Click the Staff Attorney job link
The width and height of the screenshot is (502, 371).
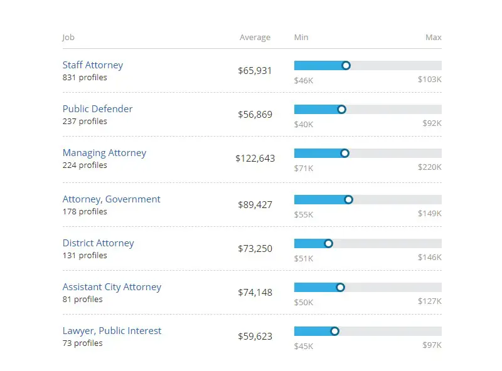coord(93,65)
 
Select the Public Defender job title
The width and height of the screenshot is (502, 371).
coord(97,109)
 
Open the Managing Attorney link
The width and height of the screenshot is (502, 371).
coord(104,153)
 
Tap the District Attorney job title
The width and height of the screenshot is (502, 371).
coord(98,243)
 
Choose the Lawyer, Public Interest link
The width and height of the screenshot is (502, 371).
coord(112,331)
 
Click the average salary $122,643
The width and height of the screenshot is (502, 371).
coord(255,159)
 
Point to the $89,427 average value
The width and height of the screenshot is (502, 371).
coord(255,205)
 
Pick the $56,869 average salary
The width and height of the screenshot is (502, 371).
coord(255,115)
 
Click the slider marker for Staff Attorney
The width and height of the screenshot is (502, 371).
coord(346,66)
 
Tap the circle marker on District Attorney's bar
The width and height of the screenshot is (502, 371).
coord(328,244)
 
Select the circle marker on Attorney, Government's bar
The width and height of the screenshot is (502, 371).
coord(349,200)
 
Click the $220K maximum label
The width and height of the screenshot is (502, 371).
coord(430,168)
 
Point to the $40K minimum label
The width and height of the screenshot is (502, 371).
coord(303,124)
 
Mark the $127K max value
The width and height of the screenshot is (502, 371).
coord(430,302)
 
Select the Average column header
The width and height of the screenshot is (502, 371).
coord(255,38)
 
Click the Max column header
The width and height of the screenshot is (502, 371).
coord(433,38)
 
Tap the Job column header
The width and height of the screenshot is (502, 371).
coord(68,38)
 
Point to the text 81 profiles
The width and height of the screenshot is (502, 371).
coord(82,300)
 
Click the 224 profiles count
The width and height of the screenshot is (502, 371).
coord(85,165)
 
